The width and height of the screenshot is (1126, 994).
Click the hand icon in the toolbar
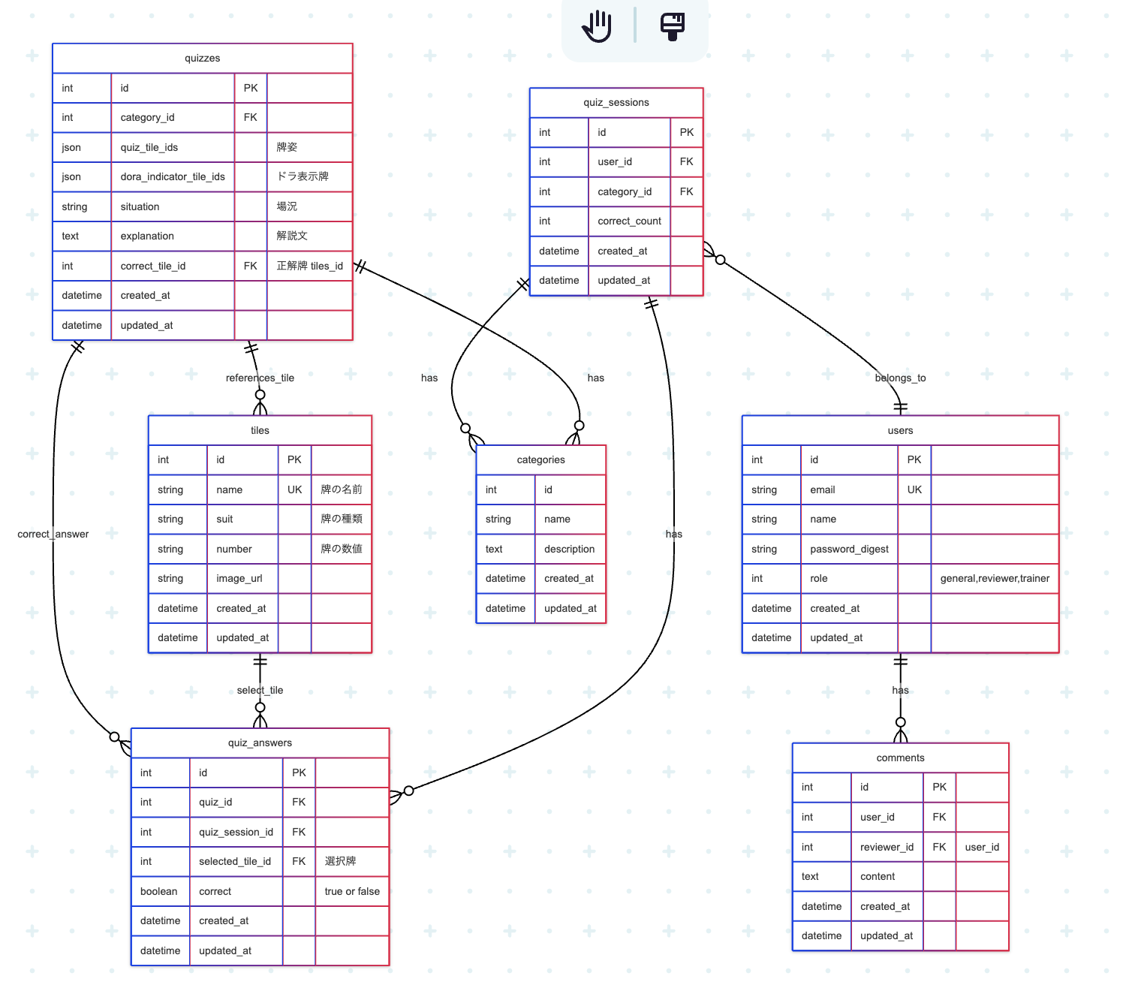coord(598,26)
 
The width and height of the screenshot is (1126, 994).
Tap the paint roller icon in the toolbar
coord(673,26)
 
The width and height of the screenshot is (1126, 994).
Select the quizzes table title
coord(202,59)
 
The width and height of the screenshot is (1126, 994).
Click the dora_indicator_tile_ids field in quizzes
coord(173,176)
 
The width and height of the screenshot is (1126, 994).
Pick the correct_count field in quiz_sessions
coord(629,221)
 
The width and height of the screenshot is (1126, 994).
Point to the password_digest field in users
coord(849,549)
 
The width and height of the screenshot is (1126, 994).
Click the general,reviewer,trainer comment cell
coord(995,579)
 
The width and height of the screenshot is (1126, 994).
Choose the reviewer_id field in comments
coord(887,847)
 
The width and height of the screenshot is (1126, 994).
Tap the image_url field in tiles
coord(239,579)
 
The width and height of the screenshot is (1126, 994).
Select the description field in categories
coord(569,549)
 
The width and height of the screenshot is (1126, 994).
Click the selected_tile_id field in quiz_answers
coord(235,861)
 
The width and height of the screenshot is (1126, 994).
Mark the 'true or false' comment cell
coord(352,891)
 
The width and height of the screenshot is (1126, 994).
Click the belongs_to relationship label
coord(900,378)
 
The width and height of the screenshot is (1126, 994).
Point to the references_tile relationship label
coord(260,378)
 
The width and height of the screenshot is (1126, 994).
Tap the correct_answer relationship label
coord(53,535)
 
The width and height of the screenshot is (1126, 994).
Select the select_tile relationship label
coord(260,691)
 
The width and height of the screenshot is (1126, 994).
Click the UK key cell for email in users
coord(914,489)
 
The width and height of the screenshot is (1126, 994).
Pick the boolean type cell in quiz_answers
coord(159,891)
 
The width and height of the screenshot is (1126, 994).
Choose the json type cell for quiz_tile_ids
coord(72,147)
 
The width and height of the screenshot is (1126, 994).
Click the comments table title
coord(900,758)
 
